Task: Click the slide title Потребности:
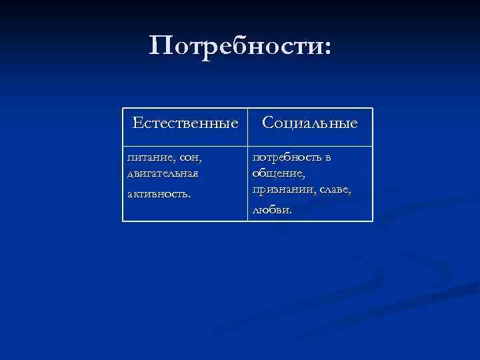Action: coord(239,47)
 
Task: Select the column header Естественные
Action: coord(185,123)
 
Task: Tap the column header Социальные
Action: coord(309,123)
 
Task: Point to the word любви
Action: coord(270,210)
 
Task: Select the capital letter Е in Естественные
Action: coord(137,123)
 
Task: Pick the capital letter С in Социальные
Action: coord(267,123)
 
